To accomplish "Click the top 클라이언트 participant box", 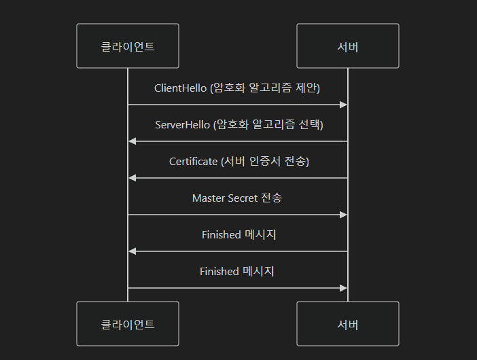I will (128, 46).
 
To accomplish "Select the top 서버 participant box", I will (348, 46).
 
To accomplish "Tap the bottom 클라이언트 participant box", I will (128, 324).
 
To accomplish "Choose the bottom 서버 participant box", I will (348, 324).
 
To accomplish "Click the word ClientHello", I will (180, 88).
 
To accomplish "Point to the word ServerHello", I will (182, 124).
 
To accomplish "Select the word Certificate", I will (194, 161).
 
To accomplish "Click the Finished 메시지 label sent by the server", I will (238, 234).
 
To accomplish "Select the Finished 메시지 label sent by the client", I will (236, 271).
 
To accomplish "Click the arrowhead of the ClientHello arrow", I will (344, 105).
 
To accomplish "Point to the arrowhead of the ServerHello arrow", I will (132, 141).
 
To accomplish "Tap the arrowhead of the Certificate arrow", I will (132, 178).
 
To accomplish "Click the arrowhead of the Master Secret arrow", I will (344, 215).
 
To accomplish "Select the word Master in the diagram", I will (209, 198).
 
